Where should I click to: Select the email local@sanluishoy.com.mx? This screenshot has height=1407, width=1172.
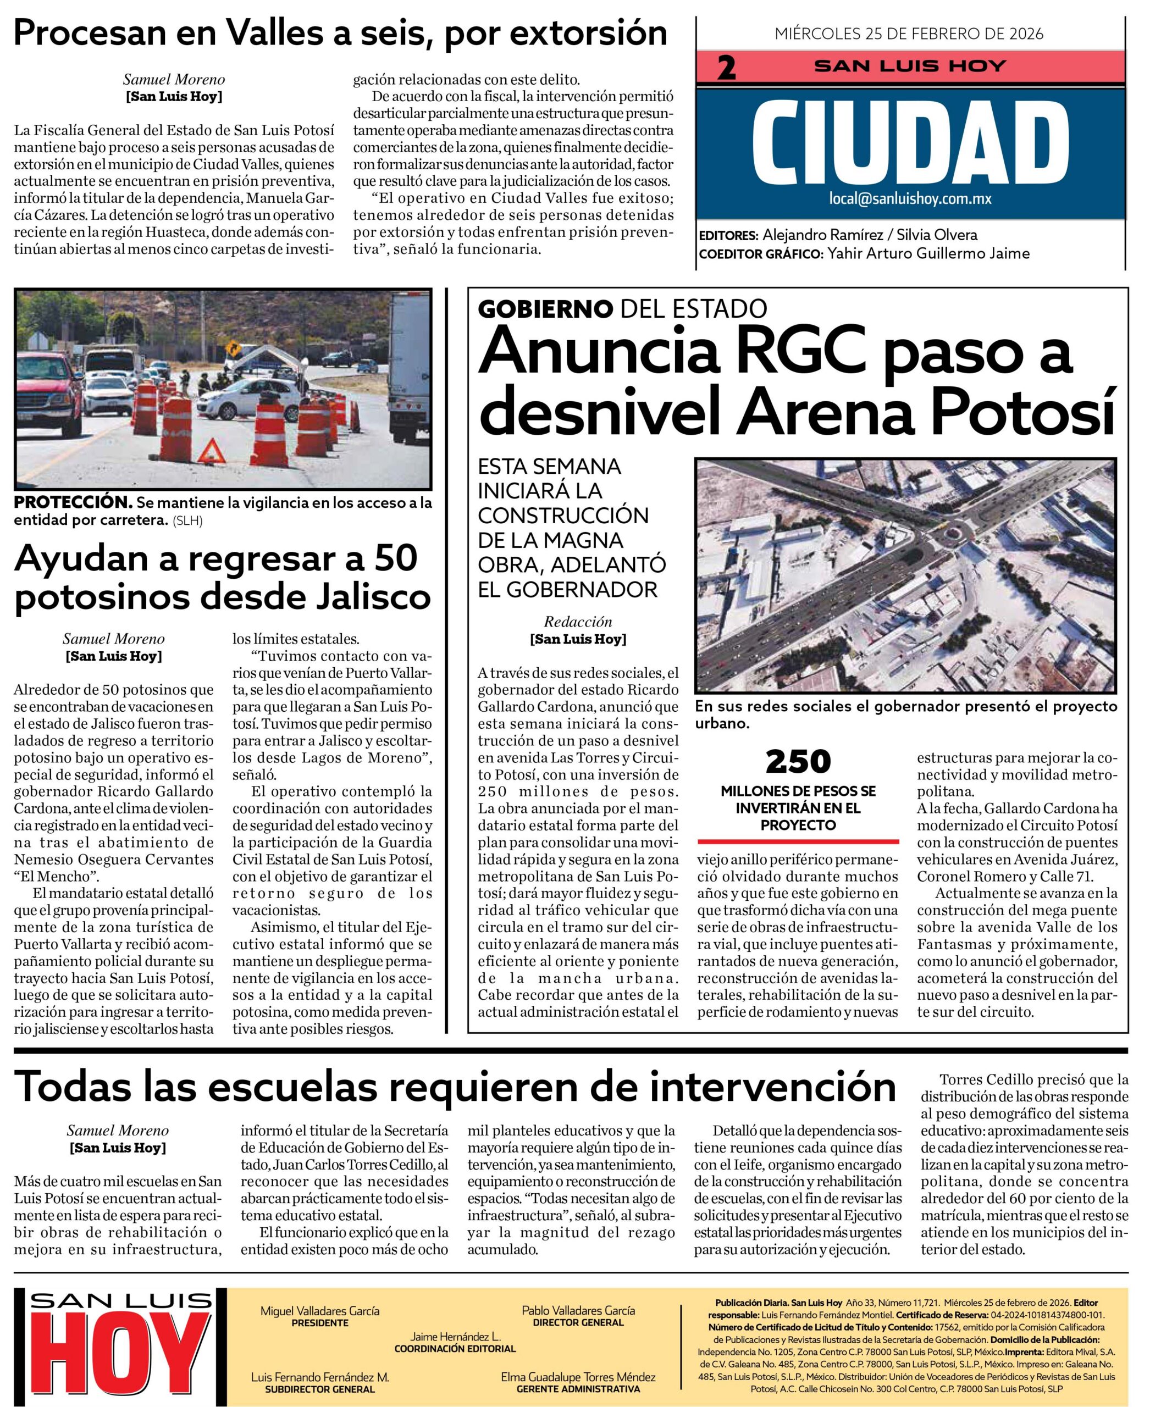pyautogui.click(x=910, y=199)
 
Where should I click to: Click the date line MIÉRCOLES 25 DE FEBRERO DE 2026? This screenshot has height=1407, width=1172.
pyautogui.click(x=909, y=34)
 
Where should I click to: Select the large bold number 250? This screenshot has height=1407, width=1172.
pyautogui.click(x=798, y=762)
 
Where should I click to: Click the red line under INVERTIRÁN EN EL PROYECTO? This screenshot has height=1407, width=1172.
pyautogui.click(x=798, y=840)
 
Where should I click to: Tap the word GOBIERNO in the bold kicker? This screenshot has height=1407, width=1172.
pyautogui.click(x=545, y=308)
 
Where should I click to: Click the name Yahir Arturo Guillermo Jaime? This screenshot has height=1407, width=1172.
pyautogui.click(x=928, y=253)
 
